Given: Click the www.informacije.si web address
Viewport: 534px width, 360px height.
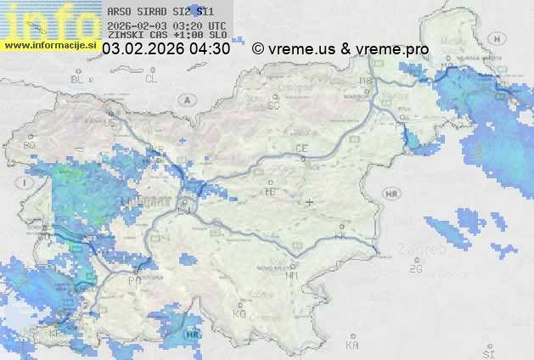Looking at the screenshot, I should pos(51,44).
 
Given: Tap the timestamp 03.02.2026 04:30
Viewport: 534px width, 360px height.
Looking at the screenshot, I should pos(166,49).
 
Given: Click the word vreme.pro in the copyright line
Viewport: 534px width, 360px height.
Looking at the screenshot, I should pos(392,49).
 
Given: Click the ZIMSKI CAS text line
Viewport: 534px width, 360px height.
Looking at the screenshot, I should pos(167,36).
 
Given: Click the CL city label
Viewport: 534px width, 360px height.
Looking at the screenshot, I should pos(151,79).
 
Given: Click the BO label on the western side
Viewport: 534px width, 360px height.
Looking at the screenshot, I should pos(30,145).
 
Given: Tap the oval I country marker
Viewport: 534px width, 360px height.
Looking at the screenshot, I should pos(26,183).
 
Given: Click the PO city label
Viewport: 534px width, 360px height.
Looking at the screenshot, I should pos(134,280).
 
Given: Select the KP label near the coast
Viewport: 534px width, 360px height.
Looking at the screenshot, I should pos(56,333).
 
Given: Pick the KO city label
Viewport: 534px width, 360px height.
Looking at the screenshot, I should pos(239,313).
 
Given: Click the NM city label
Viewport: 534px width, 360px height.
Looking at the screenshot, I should pos(293,276).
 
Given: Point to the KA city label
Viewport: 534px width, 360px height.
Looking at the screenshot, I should pos(352,346).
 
